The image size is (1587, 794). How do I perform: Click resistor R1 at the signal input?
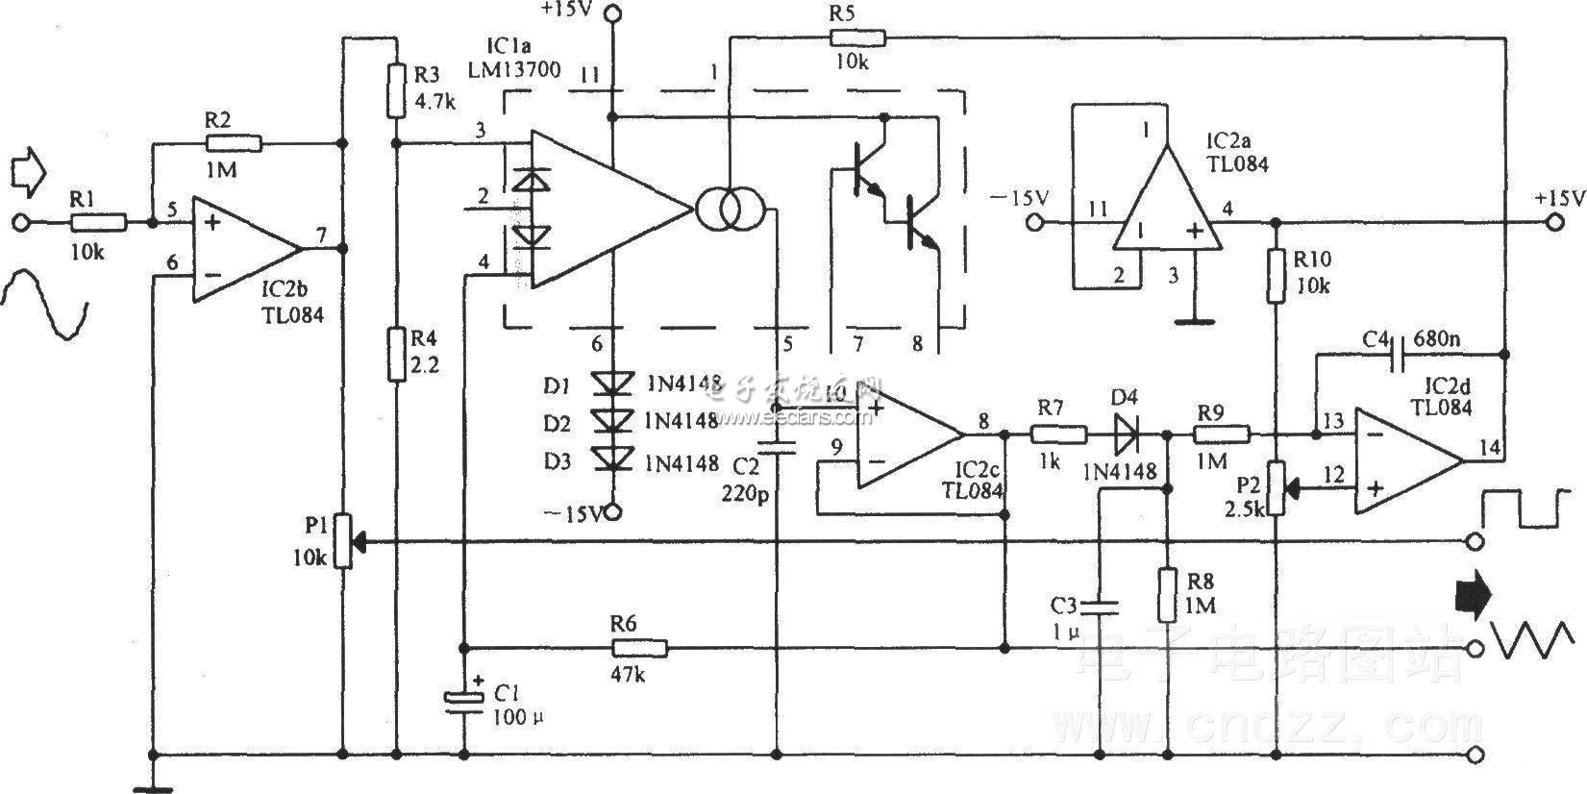point(98,223)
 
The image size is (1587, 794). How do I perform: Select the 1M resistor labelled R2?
point(234,144)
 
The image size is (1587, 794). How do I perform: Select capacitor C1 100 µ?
point(463,699)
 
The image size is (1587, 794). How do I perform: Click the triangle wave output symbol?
point(1531,638)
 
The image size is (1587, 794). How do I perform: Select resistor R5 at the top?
point(857,37)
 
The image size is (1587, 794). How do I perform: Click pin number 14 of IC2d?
point(1489,446)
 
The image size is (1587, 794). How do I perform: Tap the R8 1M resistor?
point(1167,594)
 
